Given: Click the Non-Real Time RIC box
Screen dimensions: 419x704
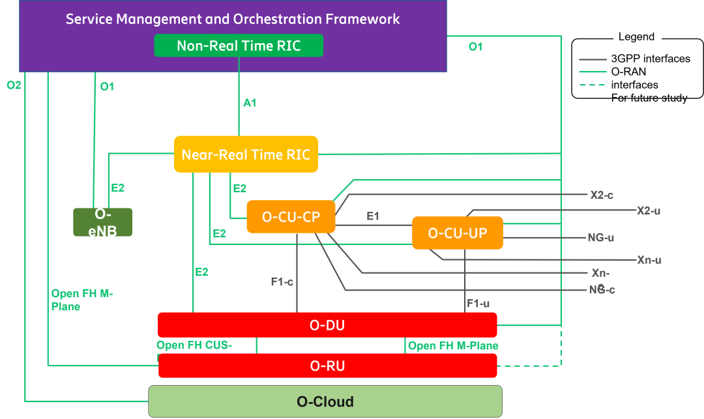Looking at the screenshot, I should tap(239, 46).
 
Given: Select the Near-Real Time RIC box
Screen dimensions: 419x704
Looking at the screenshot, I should tap(246, 154).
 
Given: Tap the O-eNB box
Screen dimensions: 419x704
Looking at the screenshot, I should tap(103, 222).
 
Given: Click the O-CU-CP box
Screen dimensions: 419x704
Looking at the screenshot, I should tap(291, 217).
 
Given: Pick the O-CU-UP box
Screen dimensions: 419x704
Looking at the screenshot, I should tap(458, 233).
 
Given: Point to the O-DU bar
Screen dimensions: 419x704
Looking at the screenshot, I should tap(327, 325).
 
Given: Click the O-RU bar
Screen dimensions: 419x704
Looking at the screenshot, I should tap(327, 366).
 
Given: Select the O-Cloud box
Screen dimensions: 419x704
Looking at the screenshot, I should tap(325, 401).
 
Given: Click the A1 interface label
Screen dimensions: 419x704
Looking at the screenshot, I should tap(250, 103).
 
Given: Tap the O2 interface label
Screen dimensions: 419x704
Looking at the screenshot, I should tap(14, 85).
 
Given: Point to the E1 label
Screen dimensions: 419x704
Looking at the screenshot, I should tap(373, 216).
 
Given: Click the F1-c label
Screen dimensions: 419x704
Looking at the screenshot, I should tap(282, 282).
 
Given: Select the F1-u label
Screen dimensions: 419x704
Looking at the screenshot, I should tap(478, 304).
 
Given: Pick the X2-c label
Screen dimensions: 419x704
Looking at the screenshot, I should tap(601, 194).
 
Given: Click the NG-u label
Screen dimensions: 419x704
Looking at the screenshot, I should tap(600, 238).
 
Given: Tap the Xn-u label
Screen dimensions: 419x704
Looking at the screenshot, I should tap(649, 260).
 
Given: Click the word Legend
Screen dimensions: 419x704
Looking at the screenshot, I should tap(636, 36).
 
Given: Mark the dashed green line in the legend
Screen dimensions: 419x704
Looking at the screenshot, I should tap(593, 85).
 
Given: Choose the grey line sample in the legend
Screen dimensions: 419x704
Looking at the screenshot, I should tap(593, 59).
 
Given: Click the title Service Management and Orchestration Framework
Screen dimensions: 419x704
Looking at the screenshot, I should tap(233, 19).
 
